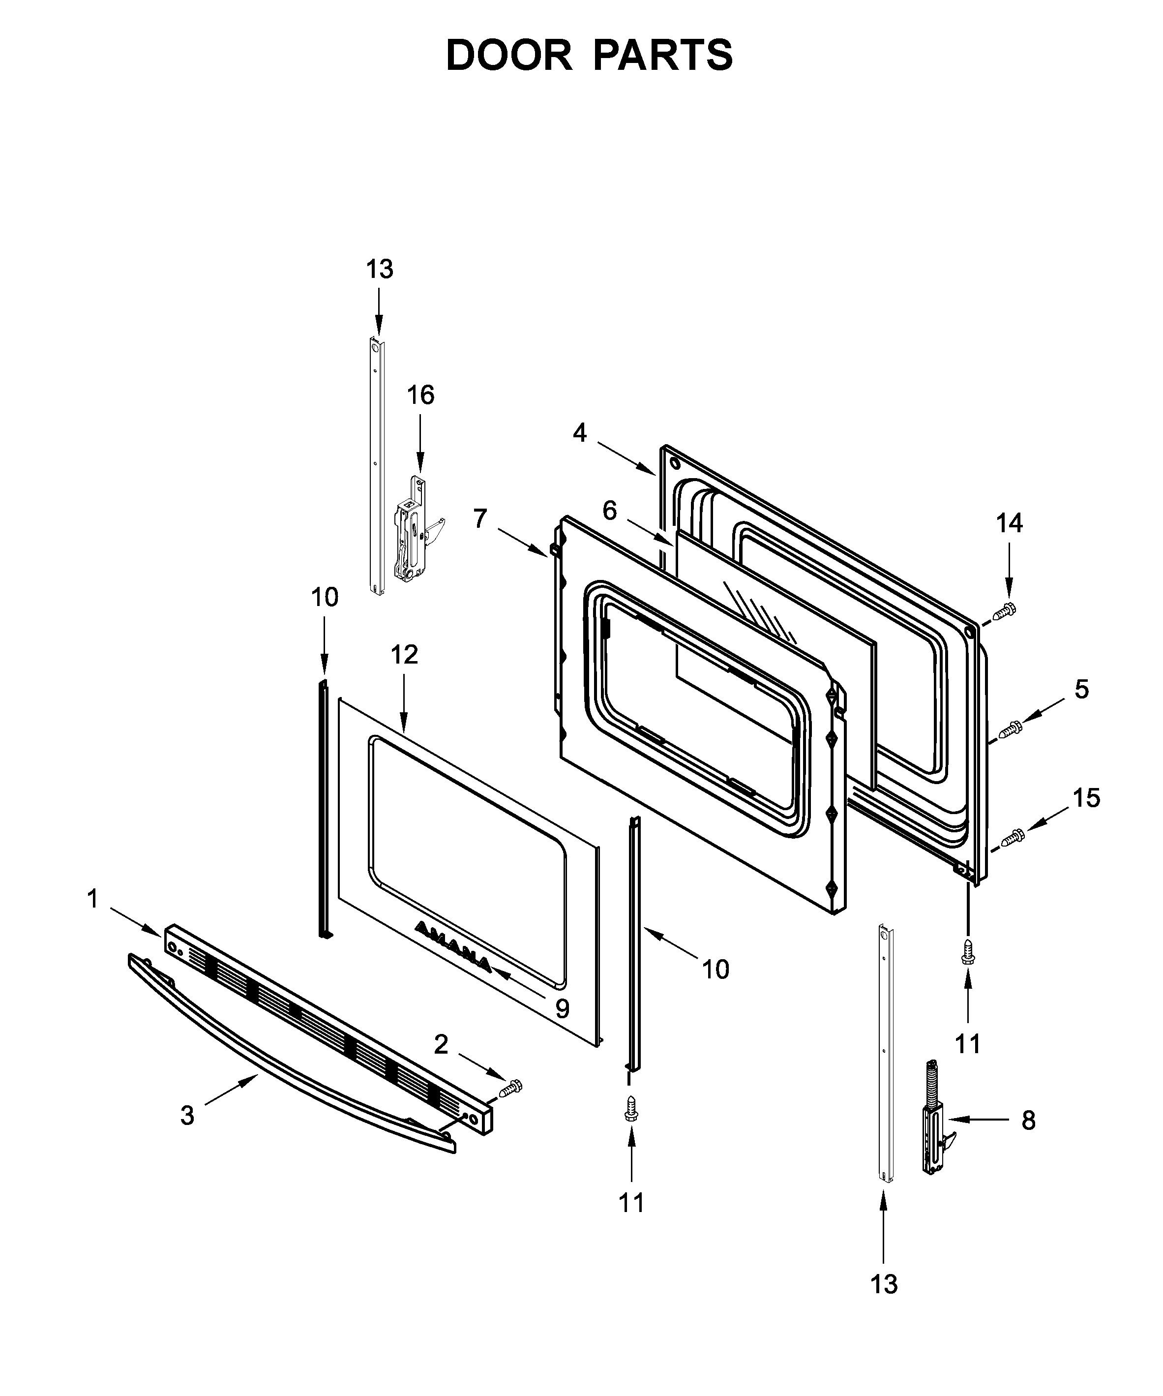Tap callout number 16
tap(420, 395)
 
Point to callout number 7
tap(480, 518)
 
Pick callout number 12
tap(404, 655)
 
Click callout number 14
tap(1009, 523)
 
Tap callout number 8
tap(1028, 1121)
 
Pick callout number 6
tap(609, 511)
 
